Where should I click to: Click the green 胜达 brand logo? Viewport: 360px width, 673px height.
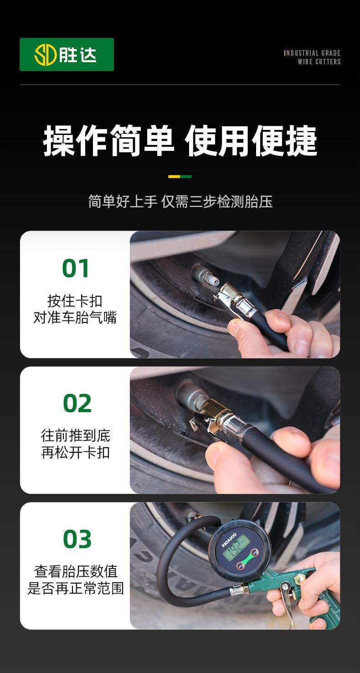point(67,54)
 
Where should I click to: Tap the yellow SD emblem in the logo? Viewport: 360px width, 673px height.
point(45,55)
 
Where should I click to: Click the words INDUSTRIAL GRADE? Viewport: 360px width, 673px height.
point(312,53)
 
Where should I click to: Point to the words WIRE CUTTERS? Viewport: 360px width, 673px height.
point(319,62)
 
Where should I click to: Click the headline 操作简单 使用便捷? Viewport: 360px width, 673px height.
point(180,140)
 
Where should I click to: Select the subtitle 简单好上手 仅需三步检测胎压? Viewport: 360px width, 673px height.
point(180,201)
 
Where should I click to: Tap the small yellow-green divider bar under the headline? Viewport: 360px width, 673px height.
point(180,176)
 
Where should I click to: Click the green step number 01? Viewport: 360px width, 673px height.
point(75,268)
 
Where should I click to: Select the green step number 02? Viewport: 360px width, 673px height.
point(77,403)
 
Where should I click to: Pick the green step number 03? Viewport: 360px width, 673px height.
point(77,538)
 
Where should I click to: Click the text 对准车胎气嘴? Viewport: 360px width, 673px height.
point(75,317)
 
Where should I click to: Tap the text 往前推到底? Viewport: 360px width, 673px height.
point(75,435)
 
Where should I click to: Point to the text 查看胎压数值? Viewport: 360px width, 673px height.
point(76,571)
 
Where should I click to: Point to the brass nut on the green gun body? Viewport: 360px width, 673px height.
point(300,578)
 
